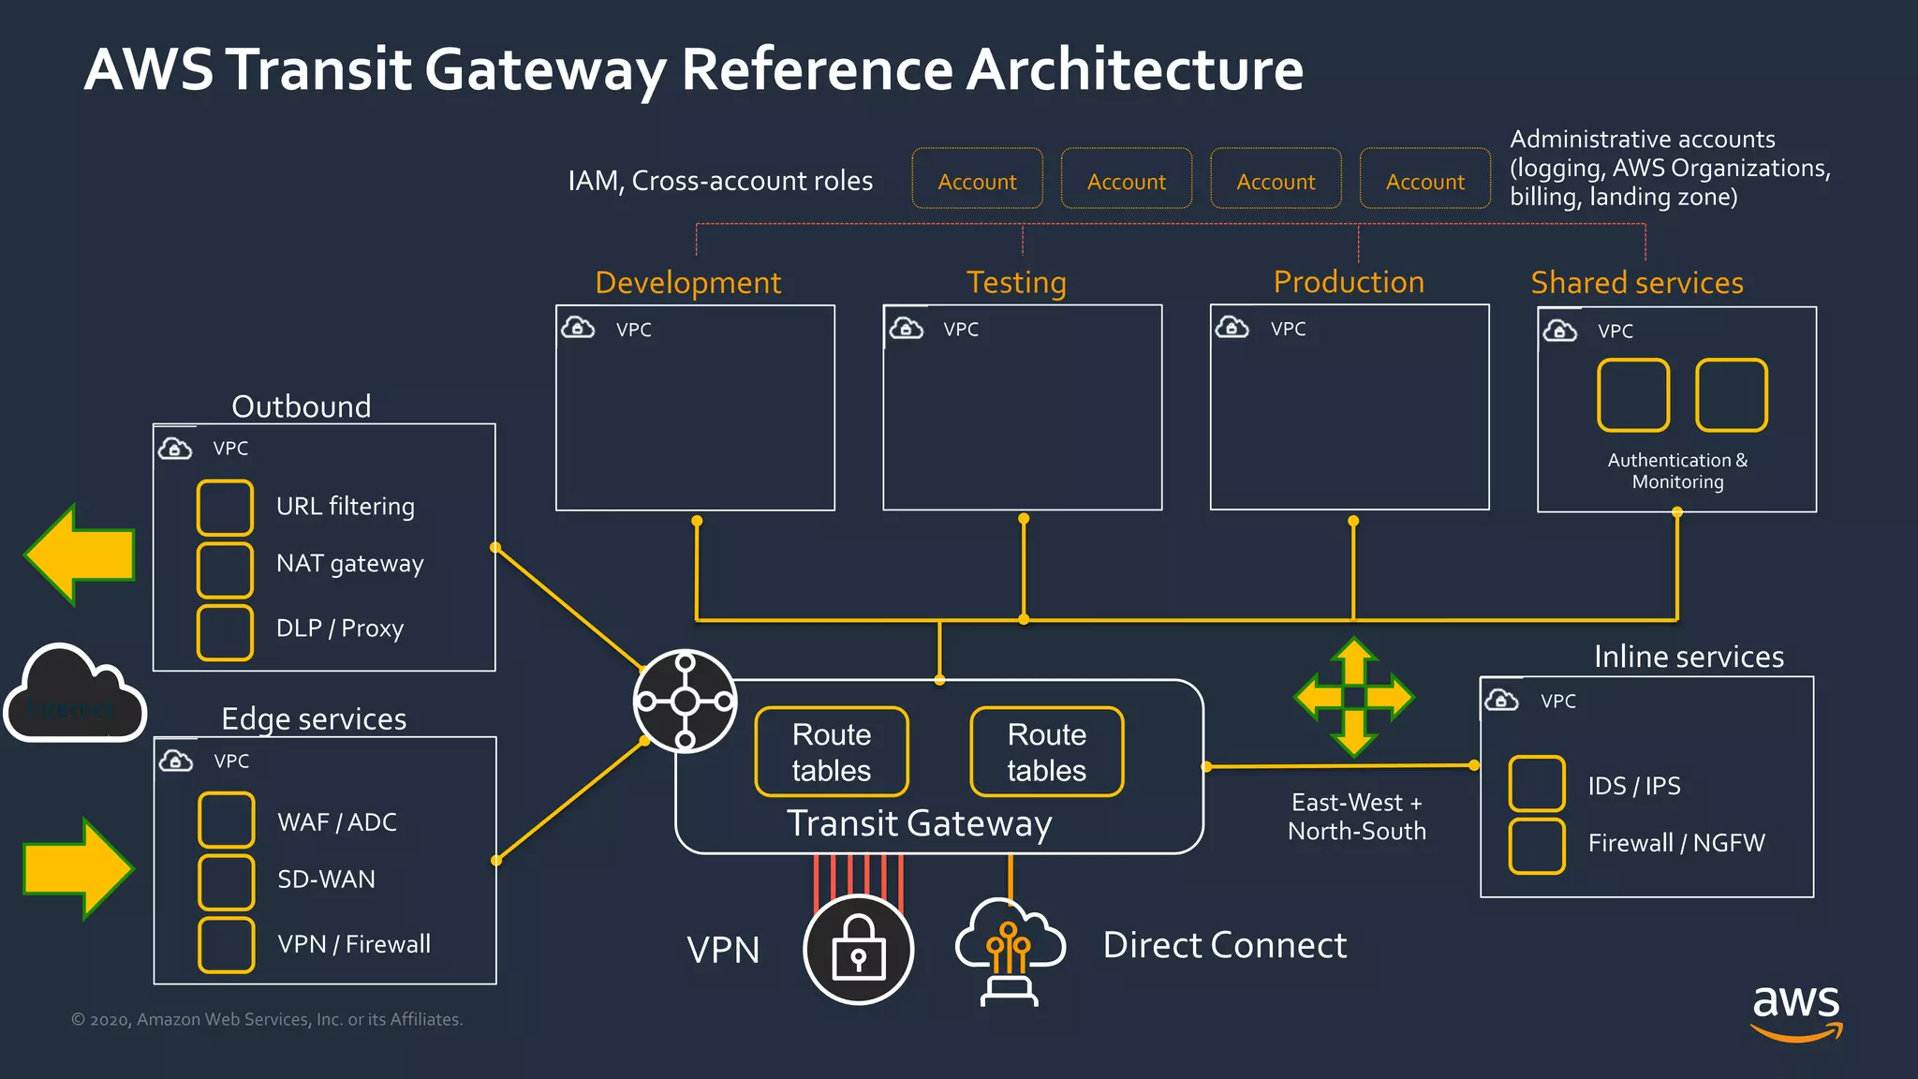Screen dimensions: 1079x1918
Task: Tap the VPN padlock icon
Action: pyautogui.click(x=858, y=949)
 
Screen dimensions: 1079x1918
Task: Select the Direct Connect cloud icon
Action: pyautogui.click(x=1009, y=949)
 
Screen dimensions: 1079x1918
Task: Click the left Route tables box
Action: pyautogui.click(x=832, y=752)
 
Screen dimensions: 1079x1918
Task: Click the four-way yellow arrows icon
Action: pyautogui.click(x=1354, y=697)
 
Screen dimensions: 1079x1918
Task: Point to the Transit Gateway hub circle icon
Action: pyautogui.click(x=685, y=701)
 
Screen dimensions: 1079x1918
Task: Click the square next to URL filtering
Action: pyautogui.click(x=225, y=507)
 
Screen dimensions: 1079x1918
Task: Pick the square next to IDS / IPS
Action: pyautogui.click(x=1537, y=783)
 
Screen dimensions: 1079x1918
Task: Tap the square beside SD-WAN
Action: pyautogui.click(x=226, y=881)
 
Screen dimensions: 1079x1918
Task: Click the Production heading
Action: pyautogui.click(x=1349, y=282)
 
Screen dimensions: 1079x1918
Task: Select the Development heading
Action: pyautogui.click(x=687, y=283)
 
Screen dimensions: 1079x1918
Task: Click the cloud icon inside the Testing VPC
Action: pyautogui.click(x=906, y=328)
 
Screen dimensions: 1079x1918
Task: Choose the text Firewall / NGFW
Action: pyautogui.click(x=1675, y=843)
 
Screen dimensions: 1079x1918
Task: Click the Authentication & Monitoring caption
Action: pyautogui.click(x=1677, y=471)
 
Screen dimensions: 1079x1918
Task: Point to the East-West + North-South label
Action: pyautogui.click(x=1356, y=817)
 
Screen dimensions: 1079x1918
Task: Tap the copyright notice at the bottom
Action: pyautogui.click(x=267, y=1019)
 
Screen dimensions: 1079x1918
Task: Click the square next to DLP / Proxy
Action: pyautogui.click(x=225, y=632)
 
